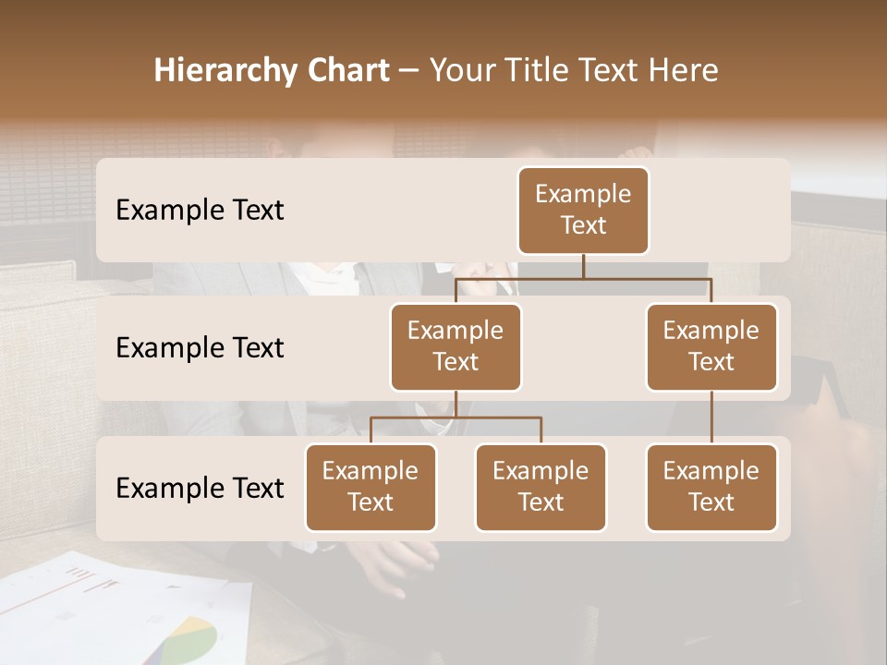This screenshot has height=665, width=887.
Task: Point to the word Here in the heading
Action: pyautogui.click(x=685, y=70)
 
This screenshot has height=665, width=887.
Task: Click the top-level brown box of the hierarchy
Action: pyautogui.click(x=583, y=210)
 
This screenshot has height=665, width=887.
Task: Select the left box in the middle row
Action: pyautogui.click(x=456, y=346)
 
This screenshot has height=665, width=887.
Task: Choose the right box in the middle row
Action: pyautogui.click(x=711, y=346)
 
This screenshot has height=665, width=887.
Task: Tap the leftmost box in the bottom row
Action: pyautogui.click(x=371, y=487)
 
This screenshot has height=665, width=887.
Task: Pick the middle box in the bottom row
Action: pyautogui.click(x=541, y=487)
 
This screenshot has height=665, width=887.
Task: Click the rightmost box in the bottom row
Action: pyautogui.click(x=711, y=487)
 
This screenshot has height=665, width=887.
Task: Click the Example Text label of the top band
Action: pyautogui.click(x=200, y=210)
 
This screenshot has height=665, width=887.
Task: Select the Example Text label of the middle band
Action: pyautogui.click(x=200, y=347)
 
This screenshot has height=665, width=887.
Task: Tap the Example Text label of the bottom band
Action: pyautogui.click(x=200, y=488)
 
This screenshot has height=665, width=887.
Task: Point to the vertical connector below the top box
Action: pyautogui.click(x=583, y=266)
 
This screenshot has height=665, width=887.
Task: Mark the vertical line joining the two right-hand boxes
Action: pyautogui.click(x=711, y=417)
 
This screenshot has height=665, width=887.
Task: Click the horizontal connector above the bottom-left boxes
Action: pyautogui.click(x=456, y=417)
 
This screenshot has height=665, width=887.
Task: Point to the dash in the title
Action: pyautogui.click(x=408, y=70)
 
